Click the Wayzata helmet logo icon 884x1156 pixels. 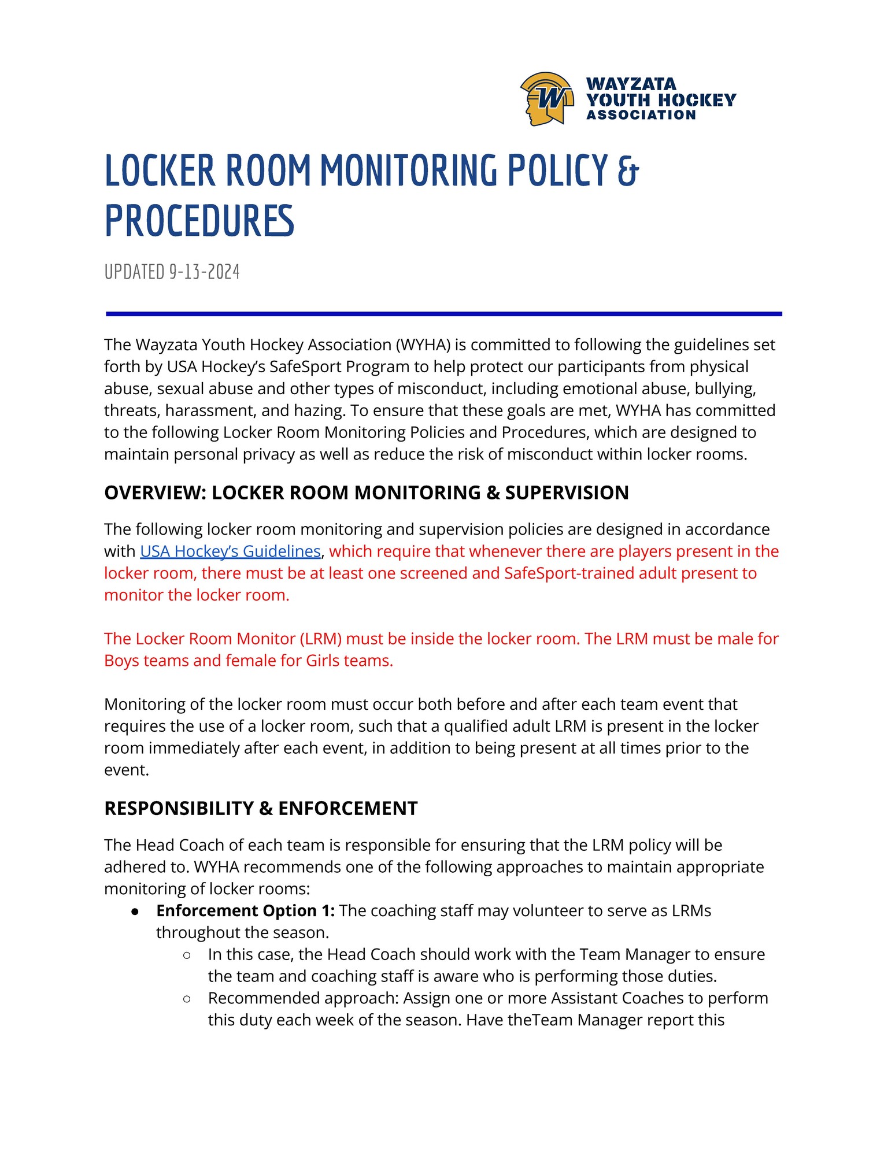tap(546, 99)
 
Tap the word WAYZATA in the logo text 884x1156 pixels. tap(631, 84)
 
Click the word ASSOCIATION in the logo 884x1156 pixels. tap(641, 115)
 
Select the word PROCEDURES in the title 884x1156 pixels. tap(199, 221)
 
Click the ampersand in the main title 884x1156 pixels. tap(628, 171)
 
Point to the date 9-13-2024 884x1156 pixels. tap(204, 272)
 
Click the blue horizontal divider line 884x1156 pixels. tap(443, 314)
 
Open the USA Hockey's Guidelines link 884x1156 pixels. tap(230, 551)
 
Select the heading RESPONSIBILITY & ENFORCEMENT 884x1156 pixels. tap(261, 808)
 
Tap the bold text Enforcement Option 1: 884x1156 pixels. tap(245, 911)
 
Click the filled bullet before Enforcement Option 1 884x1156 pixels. tap(135, 912)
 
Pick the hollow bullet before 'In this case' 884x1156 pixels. tap(187, 955)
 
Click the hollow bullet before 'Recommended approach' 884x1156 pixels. tap(187, 999)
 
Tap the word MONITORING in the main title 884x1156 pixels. tap(408, 171)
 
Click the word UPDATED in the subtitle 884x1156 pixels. tap(134, 272)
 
